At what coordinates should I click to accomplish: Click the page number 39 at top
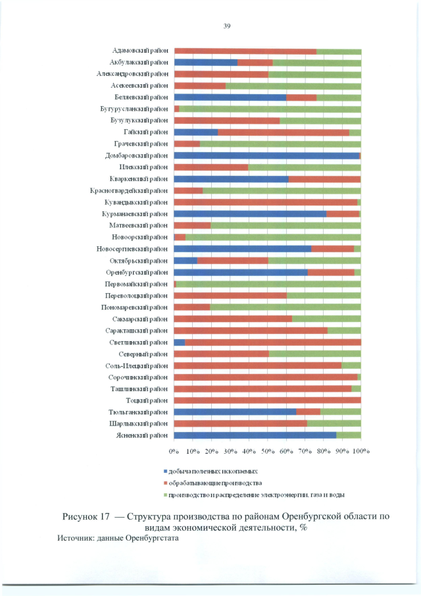point(226,26)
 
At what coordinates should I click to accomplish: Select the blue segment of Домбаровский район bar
point(266,155)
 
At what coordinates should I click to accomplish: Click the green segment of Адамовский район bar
point(338,51)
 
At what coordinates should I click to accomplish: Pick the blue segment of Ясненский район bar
point(255,435)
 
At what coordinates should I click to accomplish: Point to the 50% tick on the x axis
point(268,452)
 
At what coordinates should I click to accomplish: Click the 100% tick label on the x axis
point(360,452)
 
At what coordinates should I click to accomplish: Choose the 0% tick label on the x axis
point(174,452)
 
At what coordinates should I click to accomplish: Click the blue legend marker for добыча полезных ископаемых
point(165,472)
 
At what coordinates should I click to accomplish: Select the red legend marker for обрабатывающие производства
point(165,483)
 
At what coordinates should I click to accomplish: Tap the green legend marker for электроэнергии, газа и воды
point(165,494)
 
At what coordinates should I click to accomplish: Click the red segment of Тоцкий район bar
point(267,400)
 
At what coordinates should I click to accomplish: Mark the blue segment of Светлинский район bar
point(180,342)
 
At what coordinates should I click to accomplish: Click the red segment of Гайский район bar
point(283,132)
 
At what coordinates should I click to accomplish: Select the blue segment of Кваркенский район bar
point(231,179)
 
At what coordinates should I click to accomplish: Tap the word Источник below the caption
point(76,538)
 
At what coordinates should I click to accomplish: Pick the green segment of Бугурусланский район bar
point(270,109)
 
